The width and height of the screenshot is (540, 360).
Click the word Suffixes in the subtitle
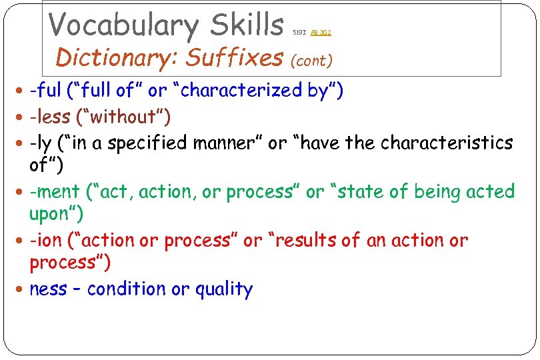[234, 58]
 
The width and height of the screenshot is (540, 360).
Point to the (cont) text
[312, 61]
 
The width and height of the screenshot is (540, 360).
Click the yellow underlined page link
[321, 32]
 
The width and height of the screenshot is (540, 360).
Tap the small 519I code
[300, 32]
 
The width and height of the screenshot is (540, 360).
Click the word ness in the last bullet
[48, 289]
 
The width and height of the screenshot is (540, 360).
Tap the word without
[123, 117]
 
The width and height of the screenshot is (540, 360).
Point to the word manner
[227, 143]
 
